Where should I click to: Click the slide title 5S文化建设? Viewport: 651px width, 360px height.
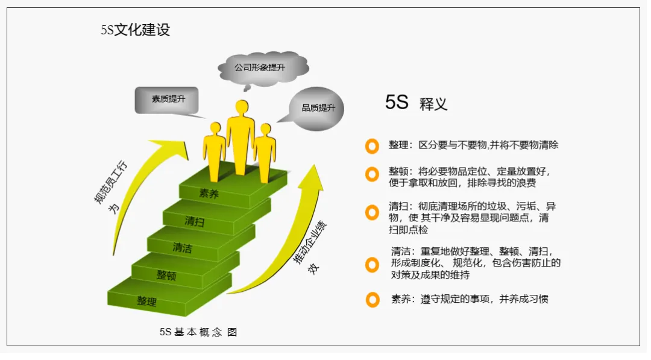(136, 30)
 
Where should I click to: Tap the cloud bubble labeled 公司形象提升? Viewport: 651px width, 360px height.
(260, 67)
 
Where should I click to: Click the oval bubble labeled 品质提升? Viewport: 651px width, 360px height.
(318, 108)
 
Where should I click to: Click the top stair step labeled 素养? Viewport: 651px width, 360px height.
(209, 194)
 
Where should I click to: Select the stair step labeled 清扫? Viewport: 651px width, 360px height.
(194, 221)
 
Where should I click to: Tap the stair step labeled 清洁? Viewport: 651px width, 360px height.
(182, 247)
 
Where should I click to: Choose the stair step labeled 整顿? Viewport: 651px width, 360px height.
(166, 276)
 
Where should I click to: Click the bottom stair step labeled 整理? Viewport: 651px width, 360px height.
(146, 300)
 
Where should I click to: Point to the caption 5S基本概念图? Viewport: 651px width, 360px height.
(198, 332)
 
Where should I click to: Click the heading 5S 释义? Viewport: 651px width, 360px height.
(416, 103)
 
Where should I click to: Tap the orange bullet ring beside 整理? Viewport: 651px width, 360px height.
(372, 146)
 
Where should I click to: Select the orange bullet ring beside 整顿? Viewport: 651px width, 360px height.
(372, 174)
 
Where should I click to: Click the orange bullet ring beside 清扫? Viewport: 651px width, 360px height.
(372, 212)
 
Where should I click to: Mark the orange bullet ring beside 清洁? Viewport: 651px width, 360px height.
(372, 264)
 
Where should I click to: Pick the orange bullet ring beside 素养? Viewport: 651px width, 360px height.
(372, 300)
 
